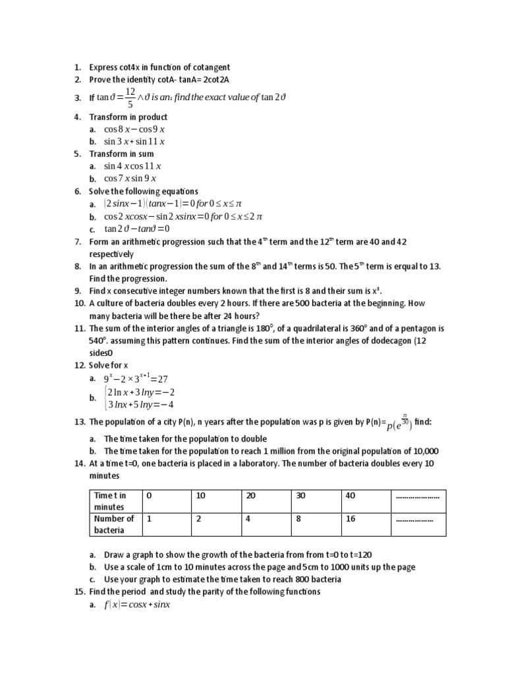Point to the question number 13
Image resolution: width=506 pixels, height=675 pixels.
(x=79, y=422)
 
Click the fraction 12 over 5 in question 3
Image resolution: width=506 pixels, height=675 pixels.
(x=130, y=98)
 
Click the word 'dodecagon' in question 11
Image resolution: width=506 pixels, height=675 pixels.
(x=378, y=340)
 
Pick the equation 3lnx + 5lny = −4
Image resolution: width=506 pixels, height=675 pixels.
(x=140, y=404)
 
